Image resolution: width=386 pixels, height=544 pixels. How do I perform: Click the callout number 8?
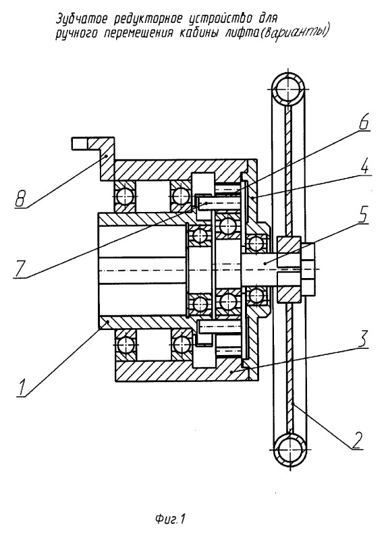(x=21, y=200)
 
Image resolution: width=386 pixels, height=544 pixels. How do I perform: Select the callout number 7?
(x=20, y=269)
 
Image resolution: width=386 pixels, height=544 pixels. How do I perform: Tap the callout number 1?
(x=23, y=387)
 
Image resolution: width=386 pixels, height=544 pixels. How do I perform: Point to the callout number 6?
(x=363, y=124)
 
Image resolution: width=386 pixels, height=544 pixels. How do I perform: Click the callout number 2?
(x=357, y=441)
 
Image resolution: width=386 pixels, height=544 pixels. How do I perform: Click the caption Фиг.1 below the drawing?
(x=170, y=520)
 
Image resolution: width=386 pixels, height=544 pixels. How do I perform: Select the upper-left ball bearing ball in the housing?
(x=124, y=197)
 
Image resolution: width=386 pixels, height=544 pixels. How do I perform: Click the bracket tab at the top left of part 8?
(x=80, y=143)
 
